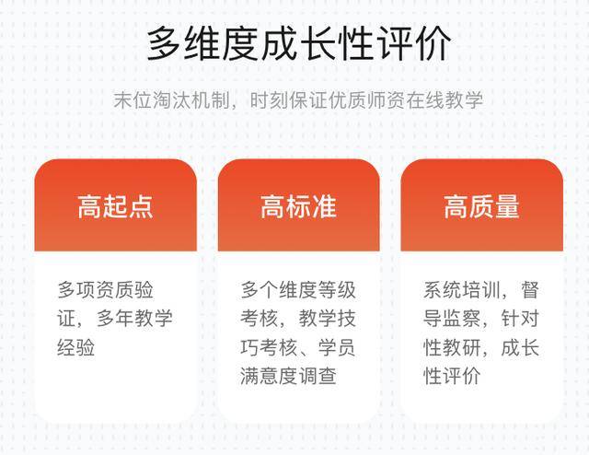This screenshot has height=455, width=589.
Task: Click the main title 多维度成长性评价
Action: coord(298,43)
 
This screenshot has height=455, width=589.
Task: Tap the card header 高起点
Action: coord(115,206)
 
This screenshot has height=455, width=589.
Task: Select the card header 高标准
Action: coord(298,206)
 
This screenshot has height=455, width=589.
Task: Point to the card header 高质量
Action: coord(481,206)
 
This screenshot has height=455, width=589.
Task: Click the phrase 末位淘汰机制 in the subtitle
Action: coord(172,100)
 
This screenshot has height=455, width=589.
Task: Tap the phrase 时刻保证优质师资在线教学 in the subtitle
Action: coord(366,100)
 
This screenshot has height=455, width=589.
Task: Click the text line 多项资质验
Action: coord(106,290)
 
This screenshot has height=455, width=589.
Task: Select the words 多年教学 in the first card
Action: coord(134,319)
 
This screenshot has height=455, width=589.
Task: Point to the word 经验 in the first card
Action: coord(76,347)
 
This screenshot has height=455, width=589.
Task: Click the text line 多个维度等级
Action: coord(298,290)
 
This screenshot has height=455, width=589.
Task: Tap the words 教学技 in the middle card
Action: coord(328,319)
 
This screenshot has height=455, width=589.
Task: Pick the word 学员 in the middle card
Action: coord(337,347)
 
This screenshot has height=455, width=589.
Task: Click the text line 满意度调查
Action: coord(288,376)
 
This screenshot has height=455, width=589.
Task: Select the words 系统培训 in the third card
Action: coord(462,290)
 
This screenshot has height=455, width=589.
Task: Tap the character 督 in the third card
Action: coord(530,290)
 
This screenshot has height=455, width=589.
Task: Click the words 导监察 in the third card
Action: coord(452,319)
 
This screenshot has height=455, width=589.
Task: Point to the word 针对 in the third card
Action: coord(520,319)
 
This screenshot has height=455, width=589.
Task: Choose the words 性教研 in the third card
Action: coord(452,347)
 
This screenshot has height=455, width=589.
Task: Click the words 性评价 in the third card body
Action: coord(452,376)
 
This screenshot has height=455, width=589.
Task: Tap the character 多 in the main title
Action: coord(164,43)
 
